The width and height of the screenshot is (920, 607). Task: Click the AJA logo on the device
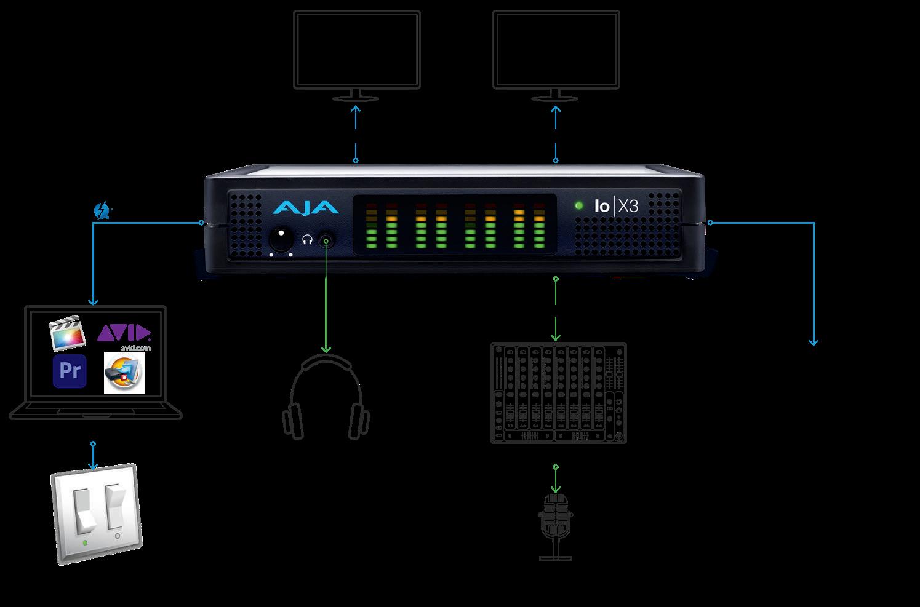pos(305,207)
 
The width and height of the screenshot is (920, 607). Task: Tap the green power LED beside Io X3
pos(578,205)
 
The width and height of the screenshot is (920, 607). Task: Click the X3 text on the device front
pos(628,206)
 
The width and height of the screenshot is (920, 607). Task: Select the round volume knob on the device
pos(281,239)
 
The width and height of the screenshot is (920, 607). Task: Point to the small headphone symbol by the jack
pos(308,239)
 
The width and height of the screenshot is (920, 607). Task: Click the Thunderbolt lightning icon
pos(101,210)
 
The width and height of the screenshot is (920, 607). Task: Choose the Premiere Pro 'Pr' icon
pos(70,371)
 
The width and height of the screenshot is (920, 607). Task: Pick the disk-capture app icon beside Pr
pos(124,373)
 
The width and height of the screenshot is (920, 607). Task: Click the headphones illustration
pos(326,397)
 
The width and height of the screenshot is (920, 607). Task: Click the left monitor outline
pos(357,49)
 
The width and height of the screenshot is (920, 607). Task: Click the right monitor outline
pos(556,49)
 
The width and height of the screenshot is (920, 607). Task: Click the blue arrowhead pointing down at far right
pos(814,342)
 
